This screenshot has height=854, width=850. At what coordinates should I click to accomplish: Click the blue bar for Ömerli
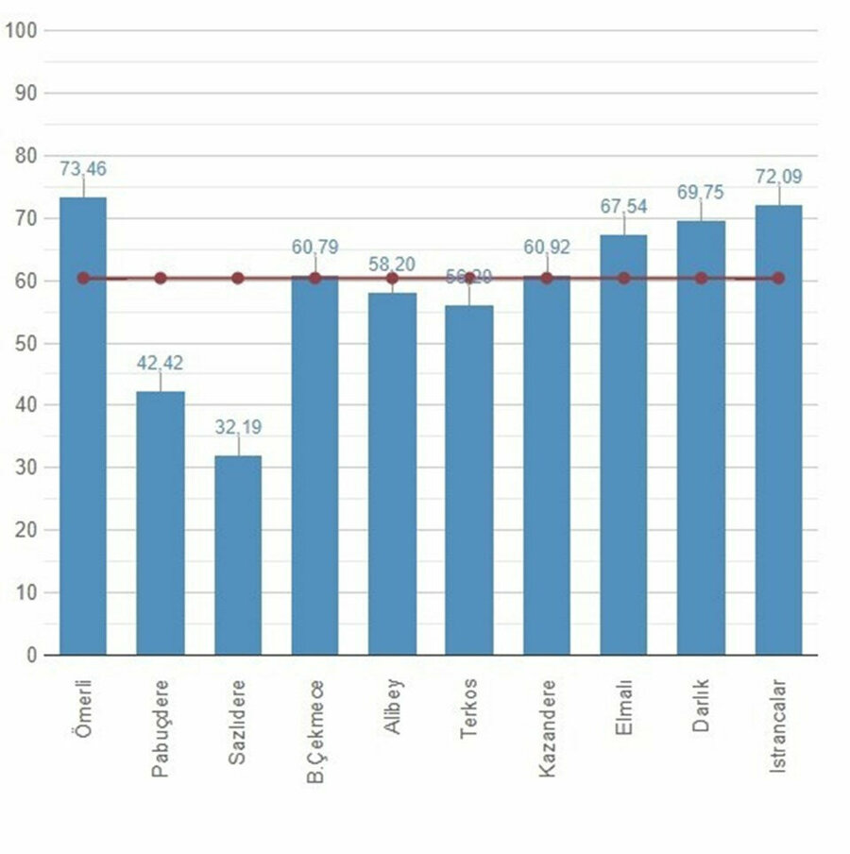pos(83,425)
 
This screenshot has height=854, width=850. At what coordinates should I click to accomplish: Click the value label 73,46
pos(83,169)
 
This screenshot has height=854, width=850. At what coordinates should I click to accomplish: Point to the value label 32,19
pos(238,427)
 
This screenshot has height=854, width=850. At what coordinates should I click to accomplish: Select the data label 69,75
pos(701,193)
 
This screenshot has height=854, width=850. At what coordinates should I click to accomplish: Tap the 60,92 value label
pos(547,248)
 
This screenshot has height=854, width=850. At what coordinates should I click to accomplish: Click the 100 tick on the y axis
pos(21,30)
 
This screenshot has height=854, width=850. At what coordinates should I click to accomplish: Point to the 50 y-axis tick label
pos(25,343)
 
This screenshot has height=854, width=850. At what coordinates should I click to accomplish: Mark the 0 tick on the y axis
pos(31,655)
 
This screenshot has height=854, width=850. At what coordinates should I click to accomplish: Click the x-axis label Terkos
pos(469,709)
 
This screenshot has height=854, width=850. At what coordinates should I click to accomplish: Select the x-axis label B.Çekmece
pos(315,731)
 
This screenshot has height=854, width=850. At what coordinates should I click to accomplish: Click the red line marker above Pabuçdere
pos(161,279)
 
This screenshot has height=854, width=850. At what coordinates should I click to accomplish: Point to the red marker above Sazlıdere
pos(238,279)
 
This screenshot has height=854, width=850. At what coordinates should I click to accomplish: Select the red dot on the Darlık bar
pos(701,279)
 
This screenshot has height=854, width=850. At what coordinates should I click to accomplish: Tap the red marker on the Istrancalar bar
pos(778,279)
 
